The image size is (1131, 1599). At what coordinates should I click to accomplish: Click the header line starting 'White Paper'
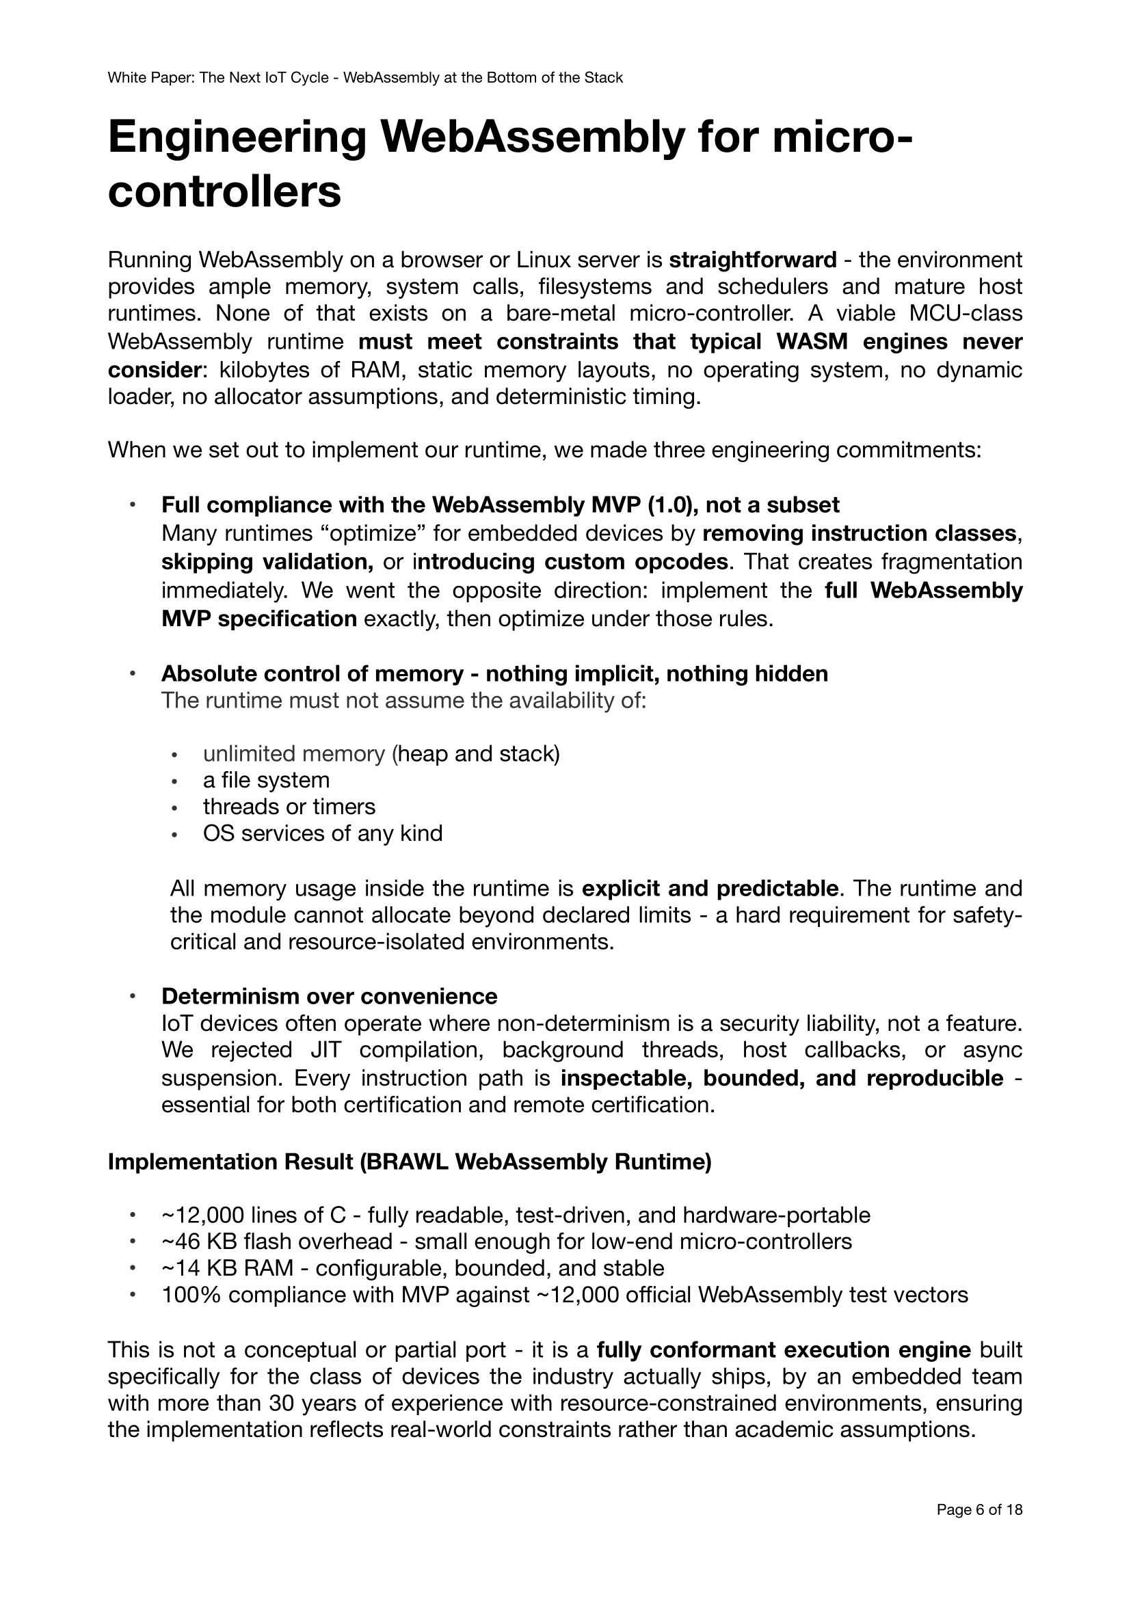point(365,78)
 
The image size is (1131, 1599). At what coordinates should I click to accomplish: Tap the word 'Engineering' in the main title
point(237,137)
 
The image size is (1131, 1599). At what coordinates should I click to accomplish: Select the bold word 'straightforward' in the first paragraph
point(752,260)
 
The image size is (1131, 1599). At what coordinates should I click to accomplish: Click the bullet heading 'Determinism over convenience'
point(329,996)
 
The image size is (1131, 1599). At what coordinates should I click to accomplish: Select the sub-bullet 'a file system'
point(266,780)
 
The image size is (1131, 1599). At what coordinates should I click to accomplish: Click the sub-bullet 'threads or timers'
point(289,807)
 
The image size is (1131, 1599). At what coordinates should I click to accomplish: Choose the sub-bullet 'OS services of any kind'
point(323,833)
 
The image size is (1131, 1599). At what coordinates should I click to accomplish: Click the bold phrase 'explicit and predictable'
point(709,889)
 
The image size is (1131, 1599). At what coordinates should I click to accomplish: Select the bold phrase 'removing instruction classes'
point(859,533)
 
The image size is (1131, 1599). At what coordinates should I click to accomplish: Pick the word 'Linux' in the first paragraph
point(544,260)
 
